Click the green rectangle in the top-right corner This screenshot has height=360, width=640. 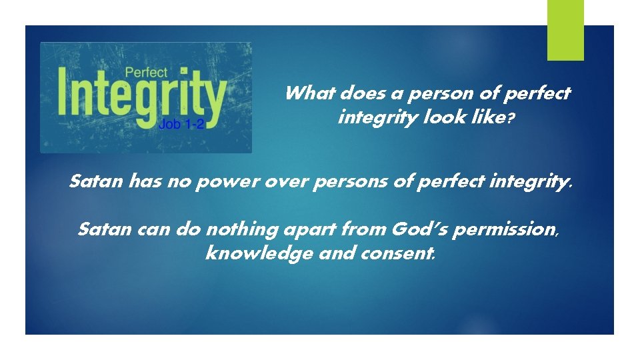565,29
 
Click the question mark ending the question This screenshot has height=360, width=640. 511,119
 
